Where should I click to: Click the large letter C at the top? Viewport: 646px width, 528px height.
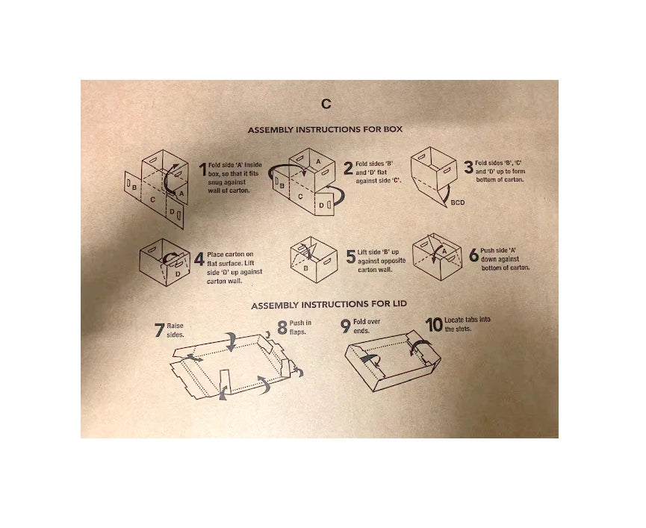[326, 104]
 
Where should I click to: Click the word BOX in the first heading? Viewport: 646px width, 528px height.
[393, 129]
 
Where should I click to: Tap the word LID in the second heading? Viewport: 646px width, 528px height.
[397, 304]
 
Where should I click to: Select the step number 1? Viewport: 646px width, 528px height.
[202, 170]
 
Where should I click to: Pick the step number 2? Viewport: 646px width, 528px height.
[348, 168]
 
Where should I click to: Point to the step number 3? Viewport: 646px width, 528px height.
[468, 167]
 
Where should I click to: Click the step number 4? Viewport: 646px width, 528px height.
[199, 259]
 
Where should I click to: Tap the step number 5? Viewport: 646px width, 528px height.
[350, 257]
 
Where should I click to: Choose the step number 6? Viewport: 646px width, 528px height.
[474, 255]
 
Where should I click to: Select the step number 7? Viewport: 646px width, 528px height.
[159, 330]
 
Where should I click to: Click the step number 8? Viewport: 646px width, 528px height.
[282, 328]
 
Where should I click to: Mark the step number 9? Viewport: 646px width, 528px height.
[346, 326]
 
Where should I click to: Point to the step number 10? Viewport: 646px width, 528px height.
[434, 325]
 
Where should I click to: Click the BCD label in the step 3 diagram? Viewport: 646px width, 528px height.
[457, 202]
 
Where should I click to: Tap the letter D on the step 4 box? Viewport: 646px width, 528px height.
[178, 274]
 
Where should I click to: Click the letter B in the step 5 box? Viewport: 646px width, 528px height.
[305, 269]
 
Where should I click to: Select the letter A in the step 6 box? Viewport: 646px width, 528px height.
[444, 251]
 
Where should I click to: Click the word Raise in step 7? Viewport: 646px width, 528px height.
[175, 326]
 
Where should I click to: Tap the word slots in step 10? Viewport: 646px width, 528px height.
[465, 329]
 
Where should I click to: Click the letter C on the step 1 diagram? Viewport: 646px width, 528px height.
[152, 199]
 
